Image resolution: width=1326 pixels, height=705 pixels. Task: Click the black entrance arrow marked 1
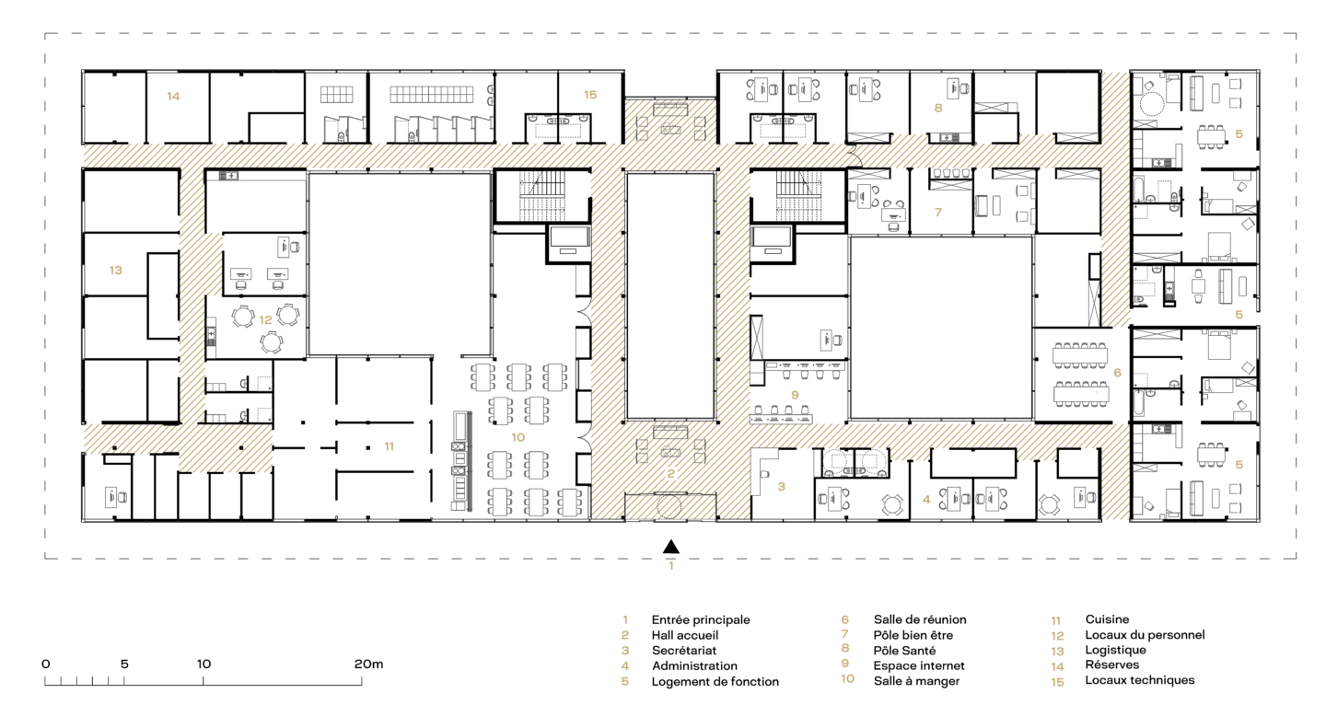tap(670, 547)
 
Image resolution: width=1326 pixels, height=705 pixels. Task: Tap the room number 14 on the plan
tap(173, 96)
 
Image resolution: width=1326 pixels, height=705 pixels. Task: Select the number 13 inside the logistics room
tap(115, 271)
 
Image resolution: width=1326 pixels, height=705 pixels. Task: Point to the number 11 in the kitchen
tap(389, 446)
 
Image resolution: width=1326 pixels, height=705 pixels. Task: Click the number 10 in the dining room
tap(518, 437)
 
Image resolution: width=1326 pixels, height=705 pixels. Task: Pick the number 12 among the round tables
tap(265, 320)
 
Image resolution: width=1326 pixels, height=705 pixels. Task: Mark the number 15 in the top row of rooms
tap(590, 95)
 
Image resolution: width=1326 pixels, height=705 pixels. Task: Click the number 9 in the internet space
tap(795, 395)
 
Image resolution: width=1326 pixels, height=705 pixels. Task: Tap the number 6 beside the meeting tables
tap(1117, 373)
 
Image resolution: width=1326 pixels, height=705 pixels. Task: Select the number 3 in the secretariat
tap(782, 486)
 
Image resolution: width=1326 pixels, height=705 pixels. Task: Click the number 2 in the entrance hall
tap(670, 473)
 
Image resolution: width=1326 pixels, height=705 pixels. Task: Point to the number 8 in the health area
tap(937, 108)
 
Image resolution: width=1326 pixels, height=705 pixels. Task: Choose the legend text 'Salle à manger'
tap(916, 681)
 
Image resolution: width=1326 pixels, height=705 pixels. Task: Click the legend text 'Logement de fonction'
tap(715, 681)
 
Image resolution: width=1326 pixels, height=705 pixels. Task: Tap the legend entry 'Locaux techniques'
tap(1140, 679)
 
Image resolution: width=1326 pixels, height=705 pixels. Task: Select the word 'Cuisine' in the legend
tap(1107, 618)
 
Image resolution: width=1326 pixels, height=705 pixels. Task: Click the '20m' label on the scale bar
tap(368, 664)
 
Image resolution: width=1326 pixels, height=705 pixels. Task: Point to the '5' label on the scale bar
tap(124, 664)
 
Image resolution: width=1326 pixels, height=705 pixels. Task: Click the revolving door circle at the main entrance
tap(669, 507)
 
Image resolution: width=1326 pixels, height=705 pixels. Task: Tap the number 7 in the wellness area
tap(937, 212)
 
